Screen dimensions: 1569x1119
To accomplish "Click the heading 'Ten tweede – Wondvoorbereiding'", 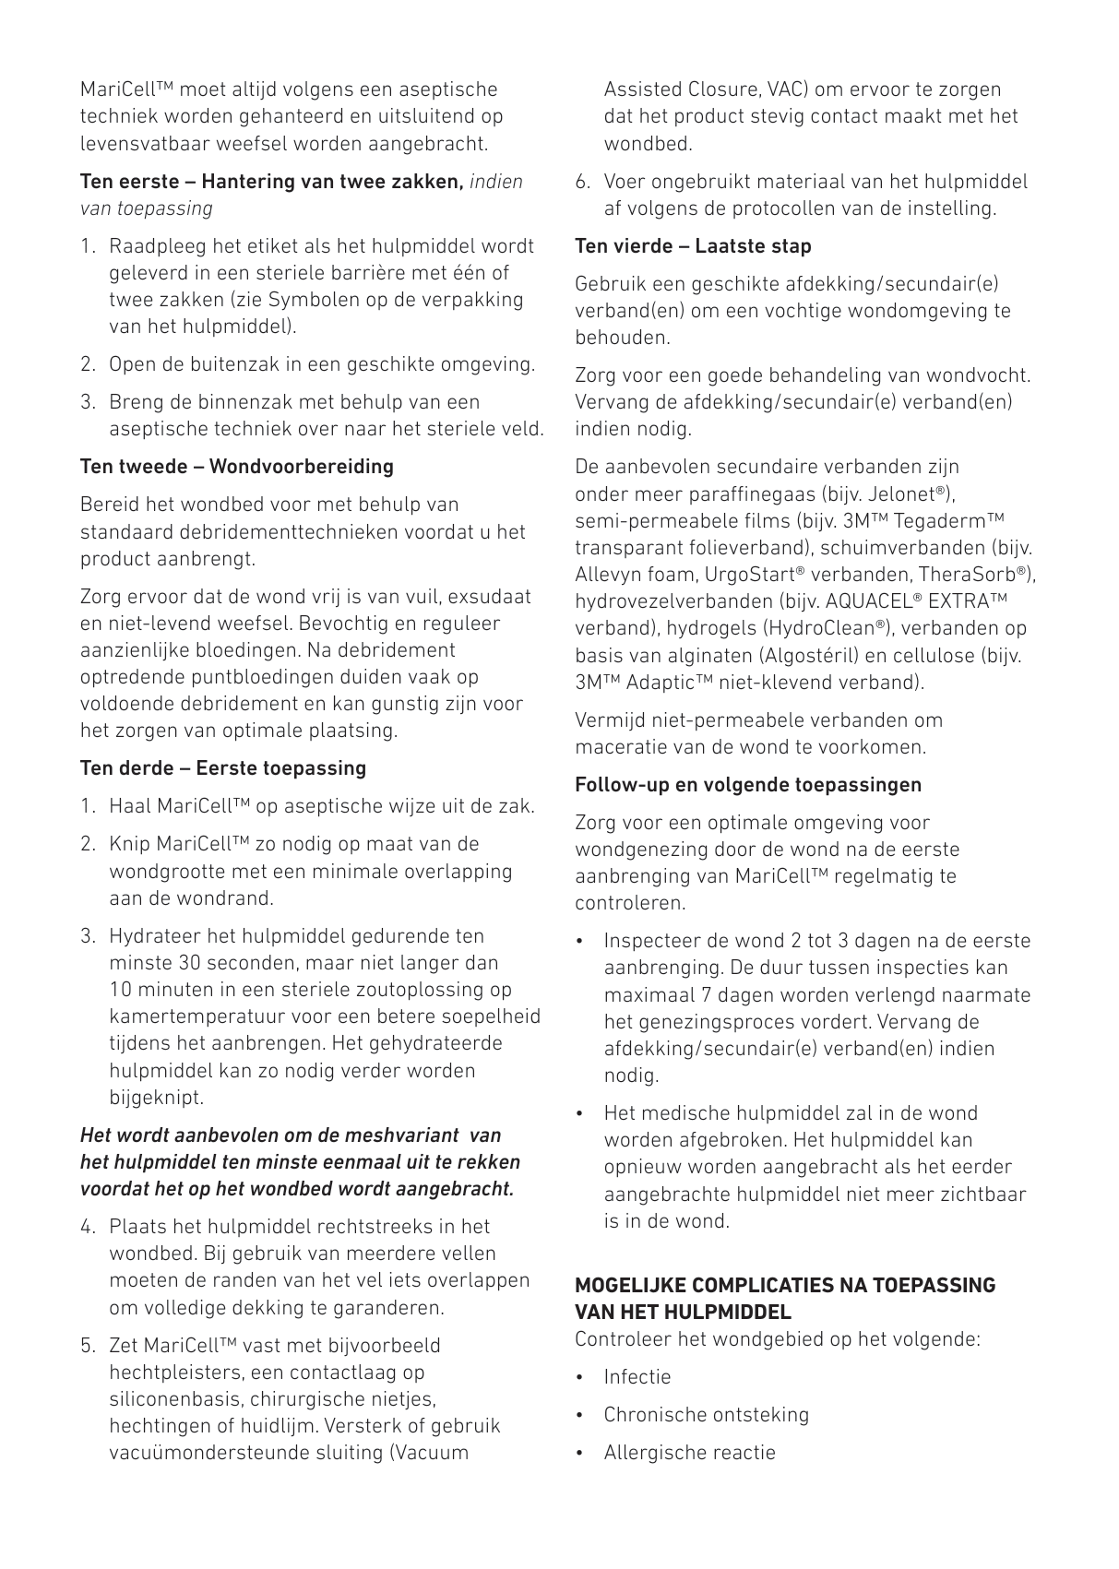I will (x=236, y=467).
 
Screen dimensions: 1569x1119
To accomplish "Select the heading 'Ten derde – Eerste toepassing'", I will (x=223, y=768).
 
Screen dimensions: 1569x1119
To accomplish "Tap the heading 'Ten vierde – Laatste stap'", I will (x=693, y=246).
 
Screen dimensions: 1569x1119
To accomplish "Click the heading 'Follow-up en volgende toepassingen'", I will (x=748, y=785).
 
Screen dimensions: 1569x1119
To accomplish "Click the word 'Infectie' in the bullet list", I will (x=637, y=1377).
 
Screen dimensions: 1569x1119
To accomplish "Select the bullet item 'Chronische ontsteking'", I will (x=706, y=1415).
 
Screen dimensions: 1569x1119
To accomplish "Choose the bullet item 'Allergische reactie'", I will (x=689, y=1453).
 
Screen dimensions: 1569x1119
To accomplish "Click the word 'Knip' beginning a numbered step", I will (x=130, y=844).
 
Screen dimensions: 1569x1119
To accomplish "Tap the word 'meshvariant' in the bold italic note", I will (x=406, y=1135).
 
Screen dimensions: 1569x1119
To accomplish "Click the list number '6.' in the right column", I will (x=583, y=182).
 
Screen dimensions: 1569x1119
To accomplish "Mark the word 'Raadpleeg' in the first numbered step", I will (x=158, y=246).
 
